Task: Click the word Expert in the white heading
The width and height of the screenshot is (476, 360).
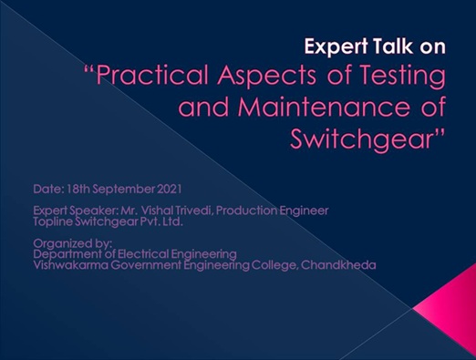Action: tap(336, 46)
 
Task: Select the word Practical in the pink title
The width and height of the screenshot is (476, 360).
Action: tap(151, 75)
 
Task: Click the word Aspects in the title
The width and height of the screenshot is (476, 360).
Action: tap(266, 76)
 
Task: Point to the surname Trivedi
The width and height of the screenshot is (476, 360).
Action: tap(193, 211)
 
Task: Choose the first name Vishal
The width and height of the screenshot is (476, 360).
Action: tap(158, 211)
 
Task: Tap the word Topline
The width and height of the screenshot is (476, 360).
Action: tap(53, 221)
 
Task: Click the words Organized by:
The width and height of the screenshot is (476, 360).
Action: tap(73, 243)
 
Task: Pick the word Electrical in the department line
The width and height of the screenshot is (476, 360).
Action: tap(143, 254)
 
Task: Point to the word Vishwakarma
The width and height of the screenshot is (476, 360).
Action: tap(70, 265)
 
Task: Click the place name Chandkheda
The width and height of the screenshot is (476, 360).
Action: tap(338, 265)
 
